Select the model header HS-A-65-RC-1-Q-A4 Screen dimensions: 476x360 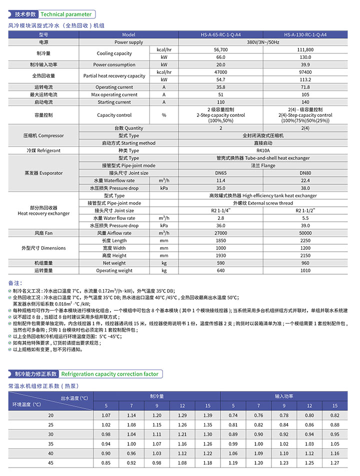[220, 35]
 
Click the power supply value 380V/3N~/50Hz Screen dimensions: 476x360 [263, 42]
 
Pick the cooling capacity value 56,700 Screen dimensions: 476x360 [220, 50]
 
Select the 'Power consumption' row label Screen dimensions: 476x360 [114, 65]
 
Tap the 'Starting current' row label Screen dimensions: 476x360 [114, 102]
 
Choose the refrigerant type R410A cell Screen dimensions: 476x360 [263, 150]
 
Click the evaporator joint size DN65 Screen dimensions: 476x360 [220, 173]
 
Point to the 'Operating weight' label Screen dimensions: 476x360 [114, 271]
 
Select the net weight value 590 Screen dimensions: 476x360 [220, 263]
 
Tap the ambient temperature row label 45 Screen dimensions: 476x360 [50, 463]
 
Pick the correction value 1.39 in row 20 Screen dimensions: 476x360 [208, 416]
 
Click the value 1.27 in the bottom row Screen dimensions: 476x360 [335, 463]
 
